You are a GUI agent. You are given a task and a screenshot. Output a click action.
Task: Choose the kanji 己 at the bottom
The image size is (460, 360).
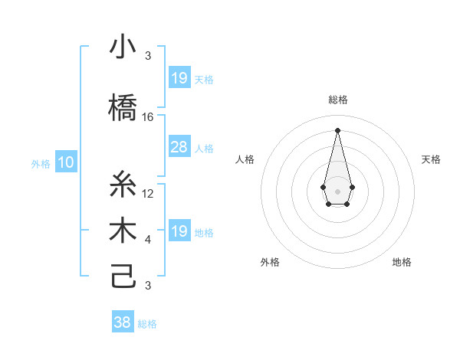pos(123,277)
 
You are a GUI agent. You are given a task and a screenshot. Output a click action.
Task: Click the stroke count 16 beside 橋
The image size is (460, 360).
pos(148,117)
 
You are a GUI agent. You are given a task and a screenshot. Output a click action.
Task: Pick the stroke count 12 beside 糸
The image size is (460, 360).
pos(148,194)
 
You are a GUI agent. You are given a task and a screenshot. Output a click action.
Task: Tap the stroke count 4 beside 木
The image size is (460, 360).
pos(148,240)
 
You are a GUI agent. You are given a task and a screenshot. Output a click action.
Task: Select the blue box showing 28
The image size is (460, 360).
pos(179,147)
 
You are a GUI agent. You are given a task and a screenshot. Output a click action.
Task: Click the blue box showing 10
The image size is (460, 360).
pos(66,162)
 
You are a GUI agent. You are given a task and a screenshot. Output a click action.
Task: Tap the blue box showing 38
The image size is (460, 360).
pos(123,322)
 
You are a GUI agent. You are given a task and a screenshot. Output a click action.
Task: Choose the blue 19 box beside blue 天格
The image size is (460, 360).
pos(179,78)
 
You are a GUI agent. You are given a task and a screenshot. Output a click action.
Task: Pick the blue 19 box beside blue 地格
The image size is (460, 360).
pos(179,231)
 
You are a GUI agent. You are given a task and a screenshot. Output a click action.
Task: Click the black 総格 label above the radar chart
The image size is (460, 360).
pos(337,100)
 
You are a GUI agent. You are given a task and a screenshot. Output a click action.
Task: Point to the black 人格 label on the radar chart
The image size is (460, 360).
pos(245,159)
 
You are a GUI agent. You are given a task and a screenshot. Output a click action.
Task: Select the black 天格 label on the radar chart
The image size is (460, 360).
pos(431,159)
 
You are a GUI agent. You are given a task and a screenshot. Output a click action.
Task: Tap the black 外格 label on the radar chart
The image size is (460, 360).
pos(270,262)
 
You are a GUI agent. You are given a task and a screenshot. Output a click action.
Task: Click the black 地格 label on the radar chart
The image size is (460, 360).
pos(402,262)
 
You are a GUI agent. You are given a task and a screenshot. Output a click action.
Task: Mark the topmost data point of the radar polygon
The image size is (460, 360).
pos(337,129)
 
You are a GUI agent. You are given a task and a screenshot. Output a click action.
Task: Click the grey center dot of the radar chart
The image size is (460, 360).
pos(337,190)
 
